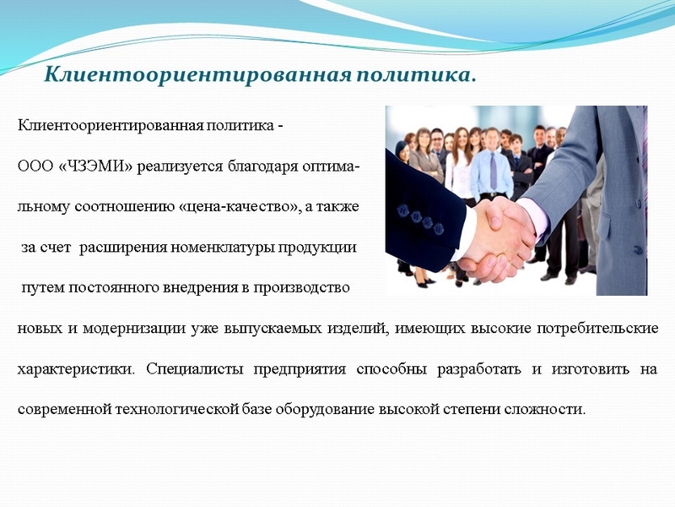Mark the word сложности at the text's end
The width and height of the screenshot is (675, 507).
pos(548,410)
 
